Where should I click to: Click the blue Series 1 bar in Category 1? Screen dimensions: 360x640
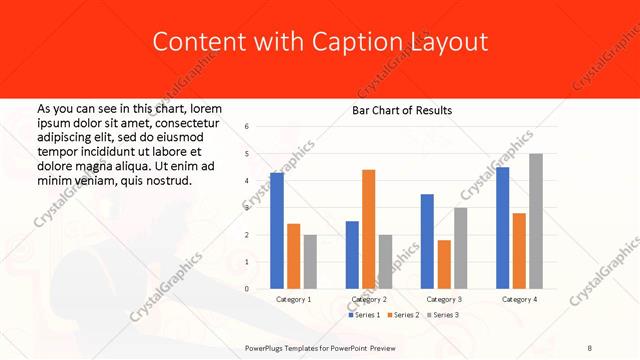pos(277,231)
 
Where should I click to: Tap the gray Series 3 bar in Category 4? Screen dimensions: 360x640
pos(535,221)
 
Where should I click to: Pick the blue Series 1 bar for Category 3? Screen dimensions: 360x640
pos(427,241)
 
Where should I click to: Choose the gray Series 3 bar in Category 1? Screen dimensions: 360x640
pos(310,262)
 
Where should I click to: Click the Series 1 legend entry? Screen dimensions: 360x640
pos(366,315)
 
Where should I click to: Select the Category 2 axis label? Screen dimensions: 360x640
pos(369,300)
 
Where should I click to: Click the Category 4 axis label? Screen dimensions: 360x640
pos(519,300)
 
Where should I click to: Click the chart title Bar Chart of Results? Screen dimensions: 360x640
pos(402,110)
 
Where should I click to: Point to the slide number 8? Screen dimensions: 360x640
pos(589,347)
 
